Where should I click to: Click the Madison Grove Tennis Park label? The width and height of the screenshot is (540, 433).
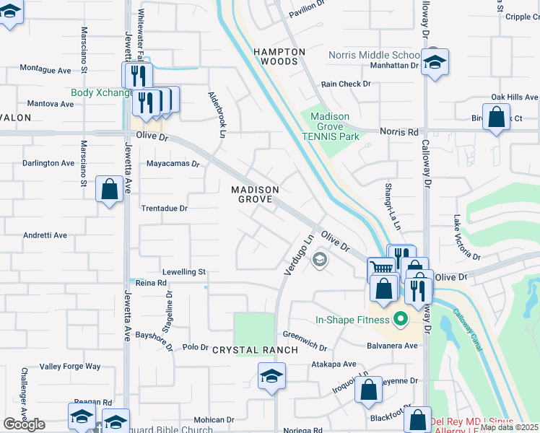click(x=330, y=126)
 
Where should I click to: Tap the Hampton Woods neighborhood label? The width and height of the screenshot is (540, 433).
click(x=279, y=57)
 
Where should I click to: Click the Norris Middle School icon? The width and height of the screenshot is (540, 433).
click(x=435, y=64)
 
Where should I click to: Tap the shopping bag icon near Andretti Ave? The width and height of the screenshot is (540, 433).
click(x=108, y=190)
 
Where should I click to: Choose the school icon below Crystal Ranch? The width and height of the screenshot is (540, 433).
click(x=271, y=376)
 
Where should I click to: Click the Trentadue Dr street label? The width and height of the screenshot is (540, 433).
click(x=164, y=209)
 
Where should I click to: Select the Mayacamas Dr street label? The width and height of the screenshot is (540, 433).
click(x=173, y=165)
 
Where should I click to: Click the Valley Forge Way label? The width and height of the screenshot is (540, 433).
click(x=70, y=367)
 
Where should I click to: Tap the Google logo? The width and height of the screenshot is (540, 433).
click(x=25, y=424)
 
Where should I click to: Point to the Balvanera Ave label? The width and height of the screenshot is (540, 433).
click(x=391, y=346)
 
